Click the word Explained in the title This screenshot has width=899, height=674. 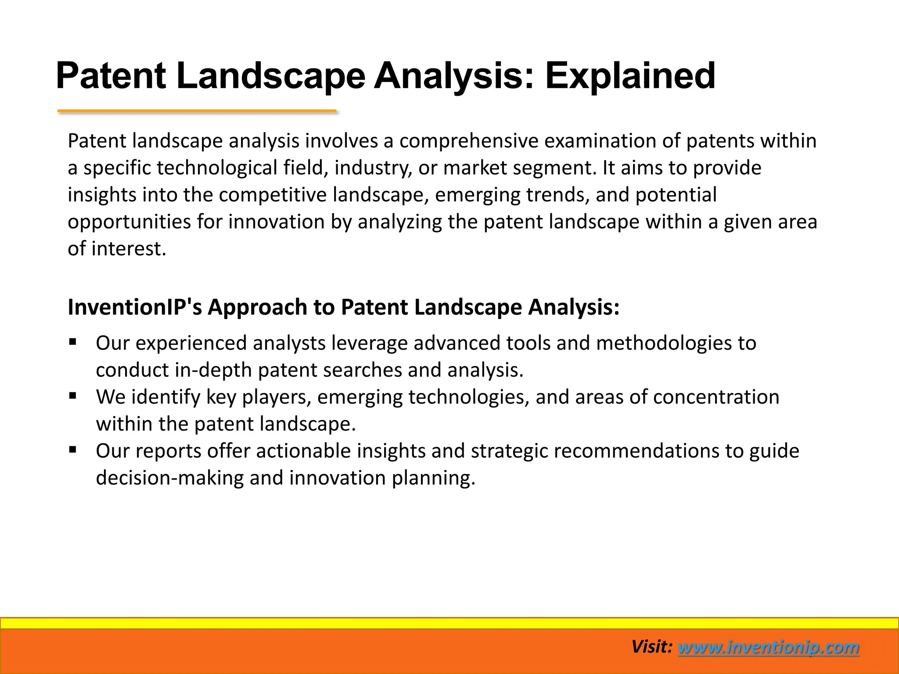630,75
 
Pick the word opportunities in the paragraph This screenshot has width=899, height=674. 129,222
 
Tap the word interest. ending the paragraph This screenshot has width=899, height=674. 129,249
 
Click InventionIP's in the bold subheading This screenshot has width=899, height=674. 135,307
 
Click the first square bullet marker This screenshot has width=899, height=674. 73,341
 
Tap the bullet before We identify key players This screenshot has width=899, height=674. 73,395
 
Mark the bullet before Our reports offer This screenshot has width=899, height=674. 73,449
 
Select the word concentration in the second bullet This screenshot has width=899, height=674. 716,397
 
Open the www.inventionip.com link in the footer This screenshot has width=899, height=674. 768,647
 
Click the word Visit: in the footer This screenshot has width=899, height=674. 652,647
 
